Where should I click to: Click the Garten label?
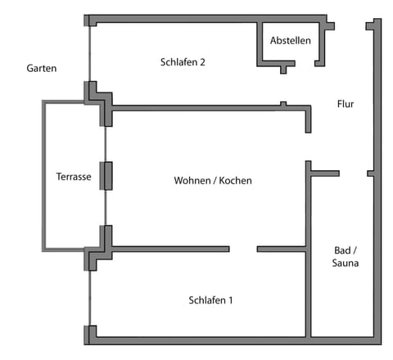coord(41,69)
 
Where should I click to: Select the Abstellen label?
coord(291,40)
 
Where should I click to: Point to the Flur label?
coord(346,104)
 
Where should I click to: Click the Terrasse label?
coord(73,176)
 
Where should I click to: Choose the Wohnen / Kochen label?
coord(213,180)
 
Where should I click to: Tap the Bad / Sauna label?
coord(346,256)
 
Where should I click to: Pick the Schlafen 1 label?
coord(210,300)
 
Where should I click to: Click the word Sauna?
coord(346,263)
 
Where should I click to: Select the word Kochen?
coord(236,180)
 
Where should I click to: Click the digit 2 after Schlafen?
coord(201,61)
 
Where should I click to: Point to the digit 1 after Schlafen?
coord(231,300)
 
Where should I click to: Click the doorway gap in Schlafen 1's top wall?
coord(243,249)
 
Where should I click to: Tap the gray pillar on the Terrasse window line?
coord(106,176)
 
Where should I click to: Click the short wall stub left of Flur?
coord(325,173)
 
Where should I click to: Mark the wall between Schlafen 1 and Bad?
coord(308,295)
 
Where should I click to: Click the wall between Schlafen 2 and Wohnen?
coord(205,106)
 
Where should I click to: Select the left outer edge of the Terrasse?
coord(44,176)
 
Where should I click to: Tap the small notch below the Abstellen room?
coord(283,70)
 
